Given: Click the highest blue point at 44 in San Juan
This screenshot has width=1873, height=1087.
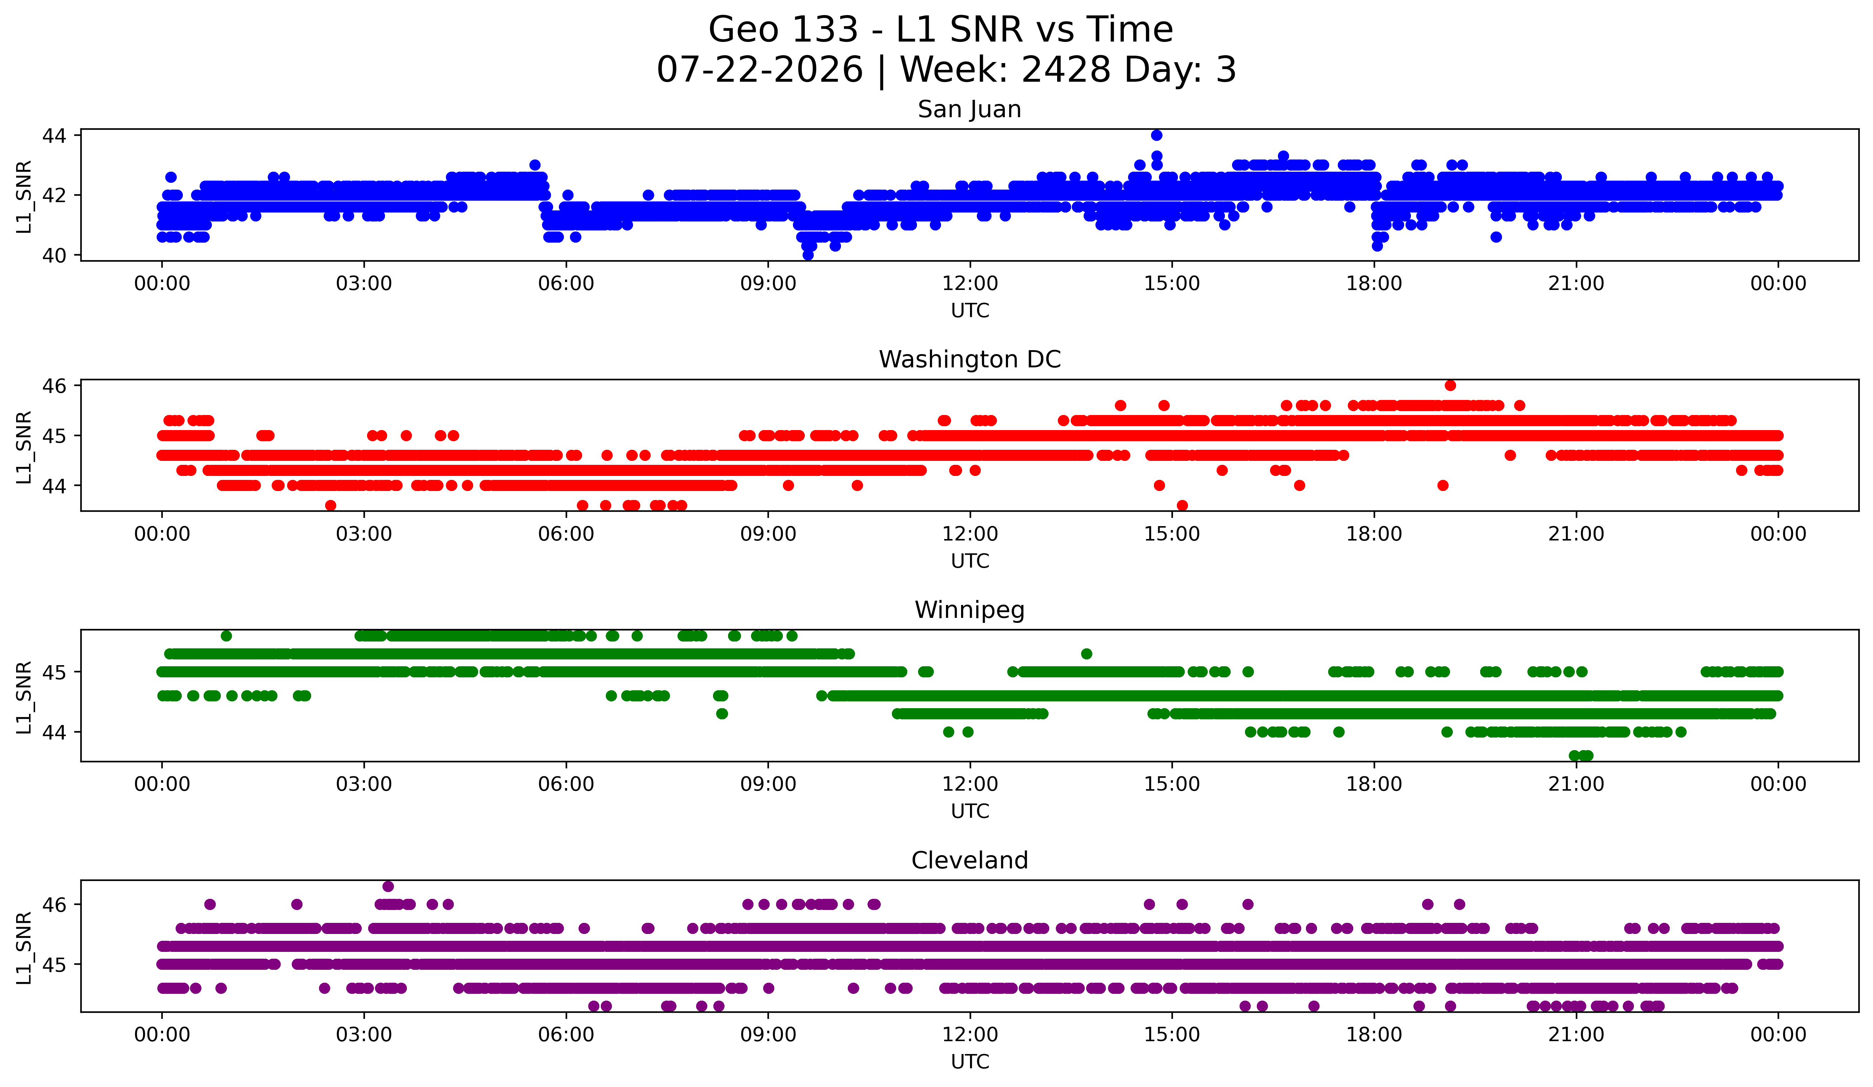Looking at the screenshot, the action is [1156, 135].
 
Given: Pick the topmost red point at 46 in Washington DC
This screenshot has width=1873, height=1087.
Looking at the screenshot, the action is [1450, 386].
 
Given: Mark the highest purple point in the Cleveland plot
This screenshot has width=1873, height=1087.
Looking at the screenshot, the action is [388, 886].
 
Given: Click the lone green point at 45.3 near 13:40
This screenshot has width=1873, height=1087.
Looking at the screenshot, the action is [1087, 654].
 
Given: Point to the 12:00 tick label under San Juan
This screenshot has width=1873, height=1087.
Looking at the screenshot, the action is [970, 284].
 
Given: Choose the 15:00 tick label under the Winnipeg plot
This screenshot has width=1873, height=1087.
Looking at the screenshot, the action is [1172, 785].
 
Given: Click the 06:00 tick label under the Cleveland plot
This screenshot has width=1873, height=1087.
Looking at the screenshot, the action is [566, 1035].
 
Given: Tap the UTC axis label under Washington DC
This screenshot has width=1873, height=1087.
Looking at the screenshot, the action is [970, 561].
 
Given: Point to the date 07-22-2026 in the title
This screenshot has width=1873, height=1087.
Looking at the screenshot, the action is [760, 70].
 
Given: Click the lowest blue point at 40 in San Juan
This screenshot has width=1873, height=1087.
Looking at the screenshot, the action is [808, 255].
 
